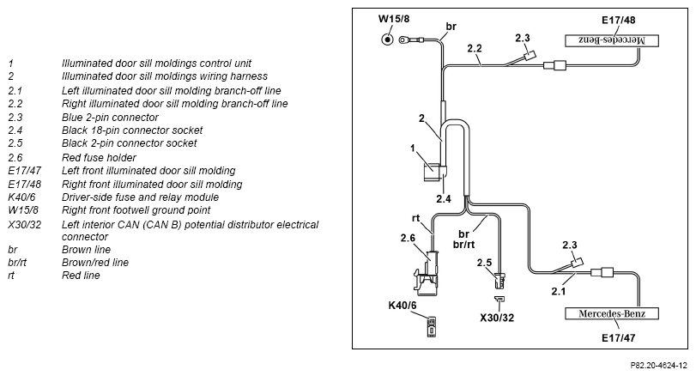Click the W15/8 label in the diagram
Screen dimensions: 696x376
(394, 19)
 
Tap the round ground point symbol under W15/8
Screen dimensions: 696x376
(388, 39)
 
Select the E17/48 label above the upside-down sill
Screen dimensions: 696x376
(618, 20)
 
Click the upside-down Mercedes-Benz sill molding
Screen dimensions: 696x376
(612, 40)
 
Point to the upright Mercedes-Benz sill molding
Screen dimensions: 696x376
(612, 313)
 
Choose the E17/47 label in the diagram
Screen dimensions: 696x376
(618, 338)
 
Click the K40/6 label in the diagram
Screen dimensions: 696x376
(402, 305)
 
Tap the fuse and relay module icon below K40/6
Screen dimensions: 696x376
(431, 327)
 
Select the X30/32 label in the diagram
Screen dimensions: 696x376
(497, 318)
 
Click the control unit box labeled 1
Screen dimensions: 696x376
(432, 173)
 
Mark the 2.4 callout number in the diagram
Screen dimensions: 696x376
(444, 199)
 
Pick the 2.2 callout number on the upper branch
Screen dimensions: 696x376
(474, 48)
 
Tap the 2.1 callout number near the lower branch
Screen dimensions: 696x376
(559, 291)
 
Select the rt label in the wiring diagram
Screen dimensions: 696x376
(416, 218)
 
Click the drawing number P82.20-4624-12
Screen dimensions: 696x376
(659, 366)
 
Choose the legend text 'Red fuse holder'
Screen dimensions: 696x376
(99, 158)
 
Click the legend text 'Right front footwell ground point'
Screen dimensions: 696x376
(136, 210)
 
